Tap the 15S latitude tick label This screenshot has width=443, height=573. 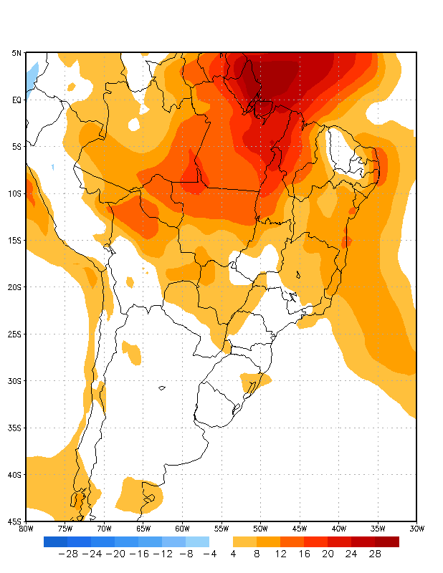pyautogui.click(x=16, y=240)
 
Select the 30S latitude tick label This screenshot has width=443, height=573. pyautogui.click(x=16, y=380)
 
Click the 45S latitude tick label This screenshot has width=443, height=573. pyautogui.click(x=16, y=521)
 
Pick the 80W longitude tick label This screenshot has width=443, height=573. pyautogui.click(x=26, y=529)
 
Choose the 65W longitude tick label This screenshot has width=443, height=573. pyautogui.click(x=143, y=529)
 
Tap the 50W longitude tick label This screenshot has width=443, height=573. pyautogui.click(x=260, y=529)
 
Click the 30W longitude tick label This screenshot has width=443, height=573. pyautogui.click(x=416, y=529)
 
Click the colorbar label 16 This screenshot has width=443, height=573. pyautogui.click(x=304, y=554)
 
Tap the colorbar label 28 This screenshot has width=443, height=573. pyautogui.click(x=375, y=554)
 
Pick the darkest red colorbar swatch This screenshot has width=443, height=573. pyautogui.click(x=387, y=541)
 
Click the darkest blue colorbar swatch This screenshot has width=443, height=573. pyautogui.click(x=56, y=541)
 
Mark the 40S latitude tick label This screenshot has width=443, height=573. pyautogui.click(x=16, y=474)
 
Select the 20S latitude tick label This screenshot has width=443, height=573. pyautogui.click(x=16, y=286)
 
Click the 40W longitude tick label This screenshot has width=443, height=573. pyautogui.click(x=338, y=529)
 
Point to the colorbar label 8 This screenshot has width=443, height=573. pyautogui.click(x=257, y=554)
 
